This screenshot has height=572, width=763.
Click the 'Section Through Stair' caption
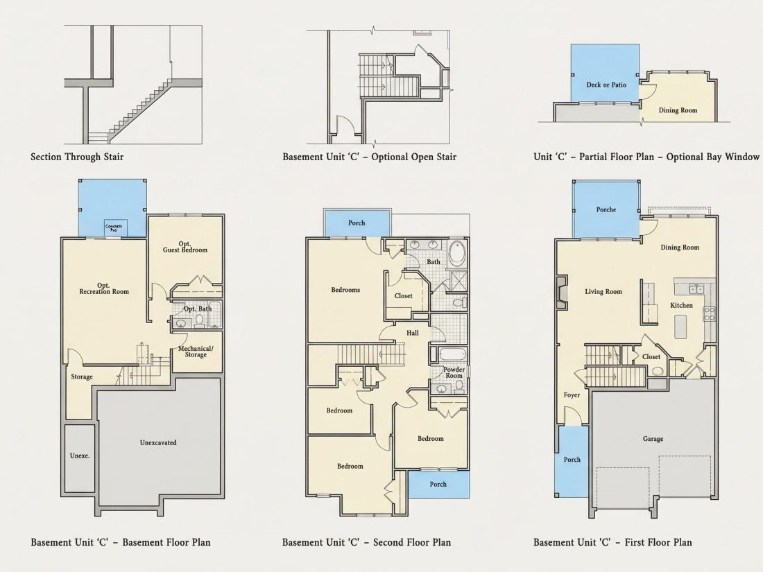point(77,157)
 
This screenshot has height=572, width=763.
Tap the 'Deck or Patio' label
point(606,85)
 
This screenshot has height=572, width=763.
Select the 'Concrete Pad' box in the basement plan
point(114,227)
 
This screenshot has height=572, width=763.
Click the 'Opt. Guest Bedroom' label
point(185,247)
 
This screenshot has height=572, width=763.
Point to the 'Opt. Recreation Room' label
point(104,288)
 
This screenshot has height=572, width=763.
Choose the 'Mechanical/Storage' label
point(196,352)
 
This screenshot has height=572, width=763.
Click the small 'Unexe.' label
point(79,456)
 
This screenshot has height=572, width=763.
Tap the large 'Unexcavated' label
point(158,442)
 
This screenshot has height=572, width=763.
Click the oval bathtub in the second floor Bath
point(457,252)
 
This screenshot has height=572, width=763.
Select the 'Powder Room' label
point(454,372)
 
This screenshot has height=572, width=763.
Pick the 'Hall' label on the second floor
point(413,333)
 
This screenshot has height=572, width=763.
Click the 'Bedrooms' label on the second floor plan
point(345,290)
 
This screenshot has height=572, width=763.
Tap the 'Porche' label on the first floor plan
point(606,209)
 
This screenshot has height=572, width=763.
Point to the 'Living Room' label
point(603,292)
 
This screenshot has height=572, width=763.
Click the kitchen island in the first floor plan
point(680,327)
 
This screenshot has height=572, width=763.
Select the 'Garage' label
point(653,439)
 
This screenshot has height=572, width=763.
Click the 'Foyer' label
point(572,395)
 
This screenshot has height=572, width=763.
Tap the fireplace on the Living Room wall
point(562,293)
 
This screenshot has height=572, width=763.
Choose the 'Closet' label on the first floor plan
point(651,356)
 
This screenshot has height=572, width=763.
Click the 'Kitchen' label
point(681,306)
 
